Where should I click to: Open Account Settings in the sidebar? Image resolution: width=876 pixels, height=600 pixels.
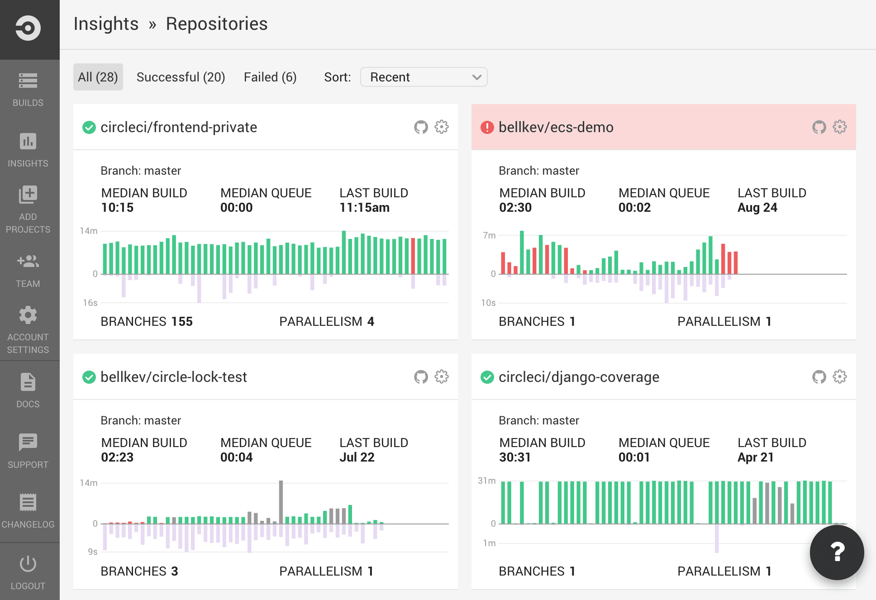[x=28, y=330]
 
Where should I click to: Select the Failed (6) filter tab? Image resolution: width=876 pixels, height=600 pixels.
[x=270, y=77]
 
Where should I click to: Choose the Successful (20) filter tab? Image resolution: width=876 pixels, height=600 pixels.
[x=181, y=77]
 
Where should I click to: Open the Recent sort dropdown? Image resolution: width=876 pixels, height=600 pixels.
[x=424, y=77]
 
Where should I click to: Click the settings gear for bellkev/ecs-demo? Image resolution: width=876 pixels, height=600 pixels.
[x=839, y=127]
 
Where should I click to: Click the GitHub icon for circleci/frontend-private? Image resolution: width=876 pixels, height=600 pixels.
[x=421, y=127]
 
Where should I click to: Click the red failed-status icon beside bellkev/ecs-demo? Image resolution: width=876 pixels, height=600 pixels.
[x=487, y=128]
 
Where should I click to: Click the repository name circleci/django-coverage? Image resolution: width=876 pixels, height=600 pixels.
[x=579, y=377]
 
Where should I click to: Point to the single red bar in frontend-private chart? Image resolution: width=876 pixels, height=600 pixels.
[x=413, y=256]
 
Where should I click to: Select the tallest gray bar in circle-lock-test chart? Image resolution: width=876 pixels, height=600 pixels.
[x=281, y=502]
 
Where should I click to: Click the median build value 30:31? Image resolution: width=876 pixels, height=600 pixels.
[x=514, y=457]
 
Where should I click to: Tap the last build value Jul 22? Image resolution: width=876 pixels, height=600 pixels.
[x=357, y=457]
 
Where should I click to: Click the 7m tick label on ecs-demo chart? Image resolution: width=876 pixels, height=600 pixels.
[x=489, y=235]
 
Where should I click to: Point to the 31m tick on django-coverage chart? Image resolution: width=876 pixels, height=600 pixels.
[x=487, y=481]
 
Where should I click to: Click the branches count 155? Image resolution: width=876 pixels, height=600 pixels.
[x=182, y=322]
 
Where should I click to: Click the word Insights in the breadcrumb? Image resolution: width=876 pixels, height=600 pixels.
[x=106, y=24]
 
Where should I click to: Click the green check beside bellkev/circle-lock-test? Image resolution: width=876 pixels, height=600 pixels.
[x=89, y=377]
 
